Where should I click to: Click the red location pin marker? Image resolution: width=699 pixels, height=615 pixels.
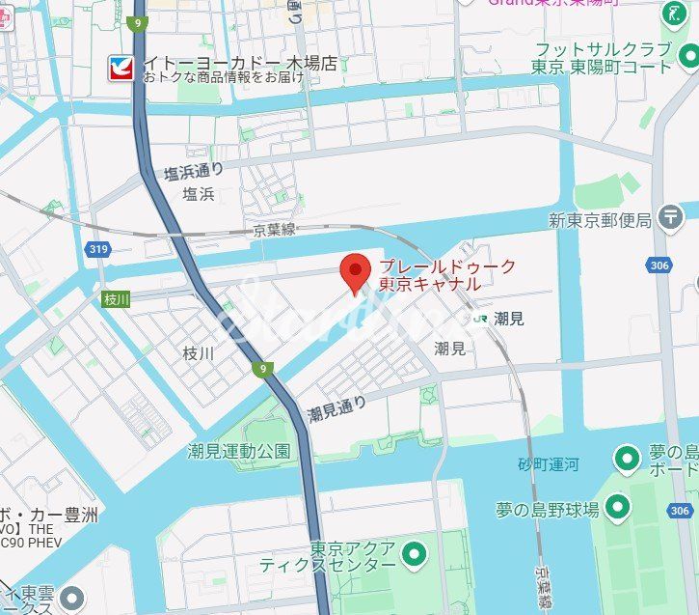click(357, 273)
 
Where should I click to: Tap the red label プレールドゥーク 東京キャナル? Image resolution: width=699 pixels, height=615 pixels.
click(434, 276)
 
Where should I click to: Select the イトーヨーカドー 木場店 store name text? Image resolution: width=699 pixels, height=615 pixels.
click(240, 64)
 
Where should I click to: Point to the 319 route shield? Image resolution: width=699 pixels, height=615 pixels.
click(97, 250)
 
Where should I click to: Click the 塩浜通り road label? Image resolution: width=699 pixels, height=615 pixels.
click(193, 172)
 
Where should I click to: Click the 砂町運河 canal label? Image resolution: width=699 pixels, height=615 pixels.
click(549, 464)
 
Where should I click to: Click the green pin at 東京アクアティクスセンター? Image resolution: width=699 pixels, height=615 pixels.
click(415, 554)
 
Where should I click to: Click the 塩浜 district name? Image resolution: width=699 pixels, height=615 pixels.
click(199, 194)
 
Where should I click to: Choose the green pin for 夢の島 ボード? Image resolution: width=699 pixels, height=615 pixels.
click(628, 457)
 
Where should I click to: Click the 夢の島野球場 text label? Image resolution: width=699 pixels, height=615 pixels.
click(548, 509)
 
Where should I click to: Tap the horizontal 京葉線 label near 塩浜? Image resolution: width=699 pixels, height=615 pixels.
click(275, 231)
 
